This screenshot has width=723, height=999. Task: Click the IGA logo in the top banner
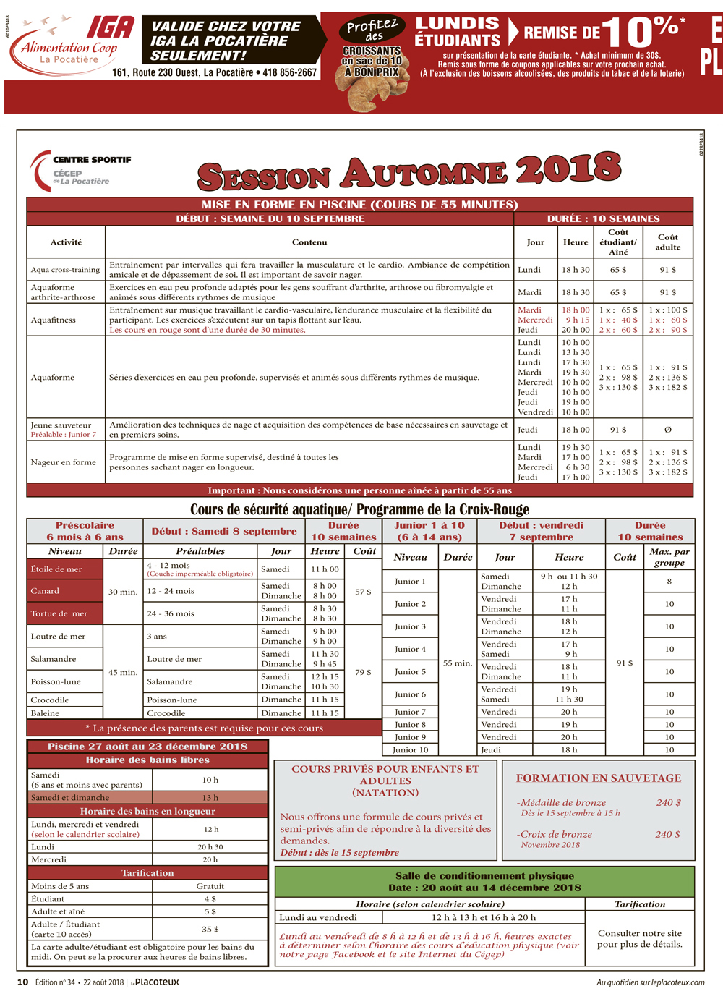(110, 27)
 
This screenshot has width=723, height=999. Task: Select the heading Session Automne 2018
(409, 172)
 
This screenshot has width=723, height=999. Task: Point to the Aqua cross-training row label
(65, 270)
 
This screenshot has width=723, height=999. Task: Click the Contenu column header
(309, 242)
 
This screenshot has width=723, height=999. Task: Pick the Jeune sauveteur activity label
(61, 425)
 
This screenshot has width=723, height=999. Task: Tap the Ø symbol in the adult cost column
(667, 430)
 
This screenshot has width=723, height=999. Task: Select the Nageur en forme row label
(64, 462)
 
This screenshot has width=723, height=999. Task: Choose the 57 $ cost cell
(364, 592)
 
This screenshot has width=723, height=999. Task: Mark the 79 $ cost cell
(364, 672)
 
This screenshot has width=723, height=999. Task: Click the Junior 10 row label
(411, 750)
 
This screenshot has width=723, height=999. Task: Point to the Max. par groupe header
(669, 557)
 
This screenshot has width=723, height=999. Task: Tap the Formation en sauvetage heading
(599, 778)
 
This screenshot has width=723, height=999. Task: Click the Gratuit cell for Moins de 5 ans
(210, 886)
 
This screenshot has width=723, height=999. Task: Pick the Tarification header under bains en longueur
(147, 873)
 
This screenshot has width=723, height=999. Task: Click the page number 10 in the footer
(23, 982)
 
